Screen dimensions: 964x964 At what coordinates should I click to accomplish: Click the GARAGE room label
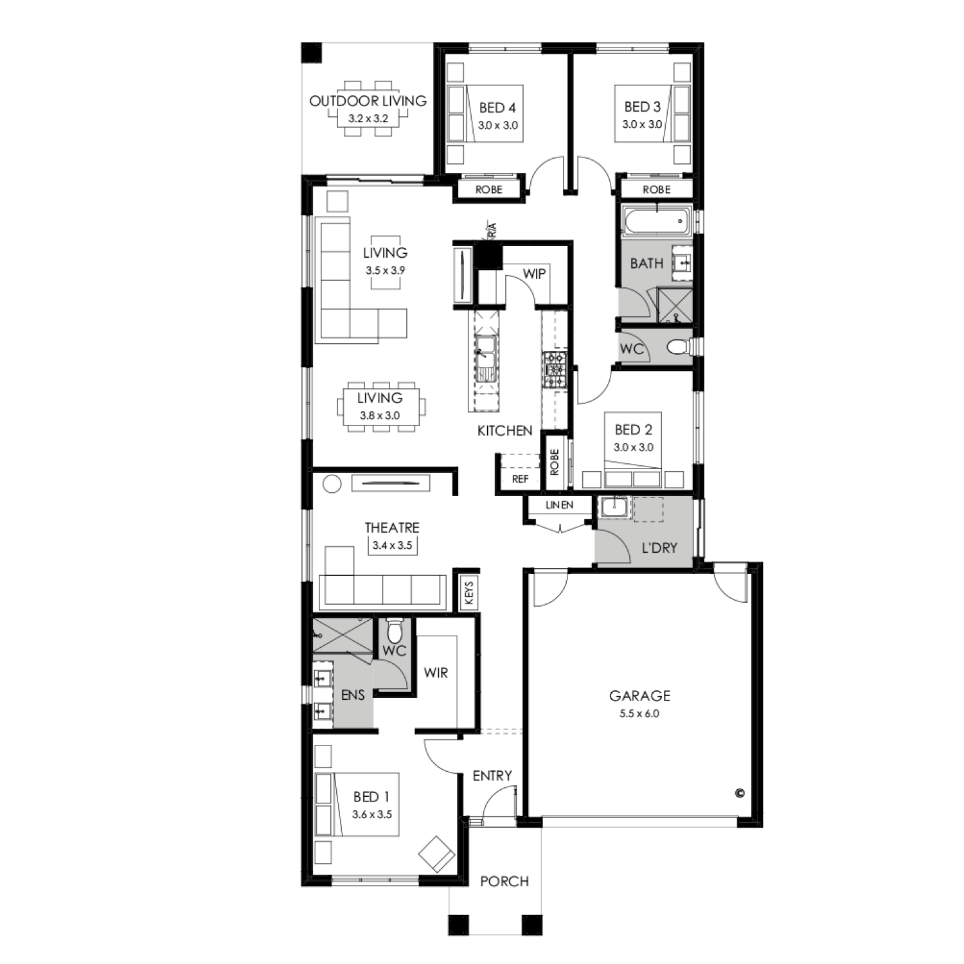(x=639, y=695)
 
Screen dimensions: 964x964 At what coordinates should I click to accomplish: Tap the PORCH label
(x=504, y=881)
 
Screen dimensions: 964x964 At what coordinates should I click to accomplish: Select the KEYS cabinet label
(x=469, y=593)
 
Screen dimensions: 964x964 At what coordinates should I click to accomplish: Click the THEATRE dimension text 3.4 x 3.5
(x=392, y=546)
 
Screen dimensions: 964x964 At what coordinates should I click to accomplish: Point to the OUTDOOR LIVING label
(x=368, y=101)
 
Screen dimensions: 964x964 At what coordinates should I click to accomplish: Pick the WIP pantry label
(x=534, y=274)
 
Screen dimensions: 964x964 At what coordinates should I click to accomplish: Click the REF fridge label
(x=520, y=479)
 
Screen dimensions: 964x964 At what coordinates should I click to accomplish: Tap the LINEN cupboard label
(x=559, y=505)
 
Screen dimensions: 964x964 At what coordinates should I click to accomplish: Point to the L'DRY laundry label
(x=659, y=548)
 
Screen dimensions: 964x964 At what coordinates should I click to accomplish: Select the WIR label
(x=436, y=673)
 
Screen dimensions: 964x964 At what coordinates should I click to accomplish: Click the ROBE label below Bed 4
(x=488, y=190)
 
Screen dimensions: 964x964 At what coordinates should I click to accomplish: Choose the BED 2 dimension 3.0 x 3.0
(x=634, y=447)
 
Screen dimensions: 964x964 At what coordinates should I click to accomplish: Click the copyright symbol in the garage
(x=739, y=793)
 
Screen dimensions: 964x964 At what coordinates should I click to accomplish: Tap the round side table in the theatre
(x=332, y=483)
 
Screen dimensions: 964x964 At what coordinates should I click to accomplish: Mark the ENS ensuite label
(x=353, y=695)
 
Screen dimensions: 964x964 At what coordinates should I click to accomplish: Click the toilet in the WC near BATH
(x=679, y=348)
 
